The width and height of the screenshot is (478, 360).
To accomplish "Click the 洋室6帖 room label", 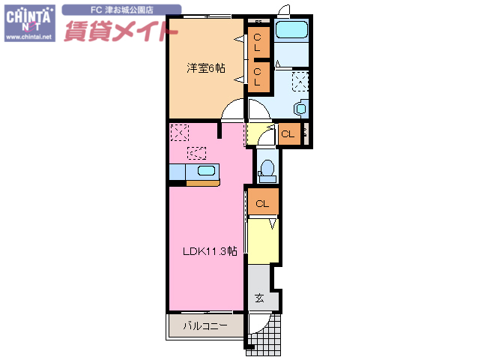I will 205,68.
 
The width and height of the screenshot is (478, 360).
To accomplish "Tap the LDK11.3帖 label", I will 210,251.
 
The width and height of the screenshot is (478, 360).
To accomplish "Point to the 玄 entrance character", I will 259,298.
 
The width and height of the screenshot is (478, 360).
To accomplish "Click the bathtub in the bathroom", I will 293,31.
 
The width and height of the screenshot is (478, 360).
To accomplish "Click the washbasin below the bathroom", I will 300,108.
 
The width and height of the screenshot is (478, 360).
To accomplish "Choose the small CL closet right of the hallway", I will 288,135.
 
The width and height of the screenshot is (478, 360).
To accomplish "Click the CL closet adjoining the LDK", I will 262,203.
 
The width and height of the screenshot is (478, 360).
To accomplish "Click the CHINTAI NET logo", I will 29,17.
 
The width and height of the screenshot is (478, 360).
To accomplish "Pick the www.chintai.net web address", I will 29,36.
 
